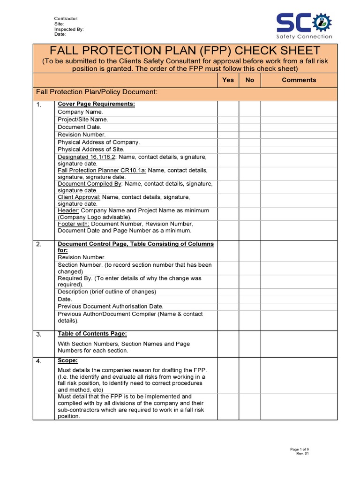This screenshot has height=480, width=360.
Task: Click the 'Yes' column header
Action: (x=228, y=80)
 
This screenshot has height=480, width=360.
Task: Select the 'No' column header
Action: (x=250, y=80)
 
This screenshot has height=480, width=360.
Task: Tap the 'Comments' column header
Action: (x=299, y=80)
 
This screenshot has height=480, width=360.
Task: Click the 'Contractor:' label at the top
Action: (x=66, y=19)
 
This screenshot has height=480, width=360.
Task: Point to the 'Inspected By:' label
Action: (x=69, y=29)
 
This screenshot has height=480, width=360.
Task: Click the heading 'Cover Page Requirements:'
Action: (x=96, y=104)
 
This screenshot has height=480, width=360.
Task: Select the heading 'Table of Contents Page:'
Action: (x=92, y=334)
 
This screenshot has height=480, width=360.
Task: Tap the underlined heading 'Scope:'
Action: (x=67, y=360)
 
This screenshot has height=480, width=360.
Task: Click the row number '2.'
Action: (x=39, y=244)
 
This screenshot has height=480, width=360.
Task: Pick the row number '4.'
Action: (x=39, y=361)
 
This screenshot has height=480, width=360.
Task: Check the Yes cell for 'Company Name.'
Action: (x=228, y=112)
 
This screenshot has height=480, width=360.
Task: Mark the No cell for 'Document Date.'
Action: (x=250, y=127)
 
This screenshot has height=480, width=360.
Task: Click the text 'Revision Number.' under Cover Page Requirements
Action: (x=82, y=135)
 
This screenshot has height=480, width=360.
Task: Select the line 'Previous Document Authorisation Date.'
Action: (x=110, y=307)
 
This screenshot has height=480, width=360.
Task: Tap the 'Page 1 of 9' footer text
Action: (x=300, y=450)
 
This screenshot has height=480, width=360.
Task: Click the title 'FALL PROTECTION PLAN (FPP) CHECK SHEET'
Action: (x=185, y=51)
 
